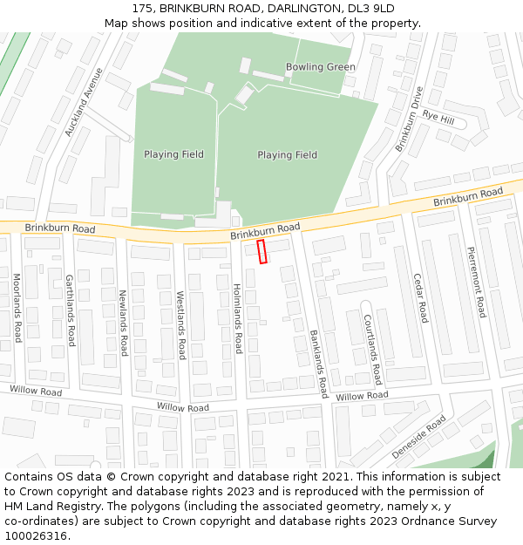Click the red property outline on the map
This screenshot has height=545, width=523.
point(261,252)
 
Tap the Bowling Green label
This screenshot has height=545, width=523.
point(320,67)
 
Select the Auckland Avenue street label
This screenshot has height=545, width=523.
point(84,102)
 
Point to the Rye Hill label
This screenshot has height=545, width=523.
point(438,116)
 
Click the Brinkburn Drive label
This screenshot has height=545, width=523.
point(409,119)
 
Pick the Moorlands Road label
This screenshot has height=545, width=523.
point(17,307)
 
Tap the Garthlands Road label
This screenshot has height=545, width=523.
point(71,310)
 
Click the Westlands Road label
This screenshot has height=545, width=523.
point(180,325)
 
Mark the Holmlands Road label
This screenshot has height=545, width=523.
point(237,318)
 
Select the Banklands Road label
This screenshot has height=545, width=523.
point(317,364)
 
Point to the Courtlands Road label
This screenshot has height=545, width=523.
point(372,350)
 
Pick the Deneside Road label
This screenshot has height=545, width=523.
point(418,437)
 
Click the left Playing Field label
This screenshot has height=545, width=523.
point(173,154)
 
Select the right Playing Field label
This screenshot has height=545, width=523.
point(287,155)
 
